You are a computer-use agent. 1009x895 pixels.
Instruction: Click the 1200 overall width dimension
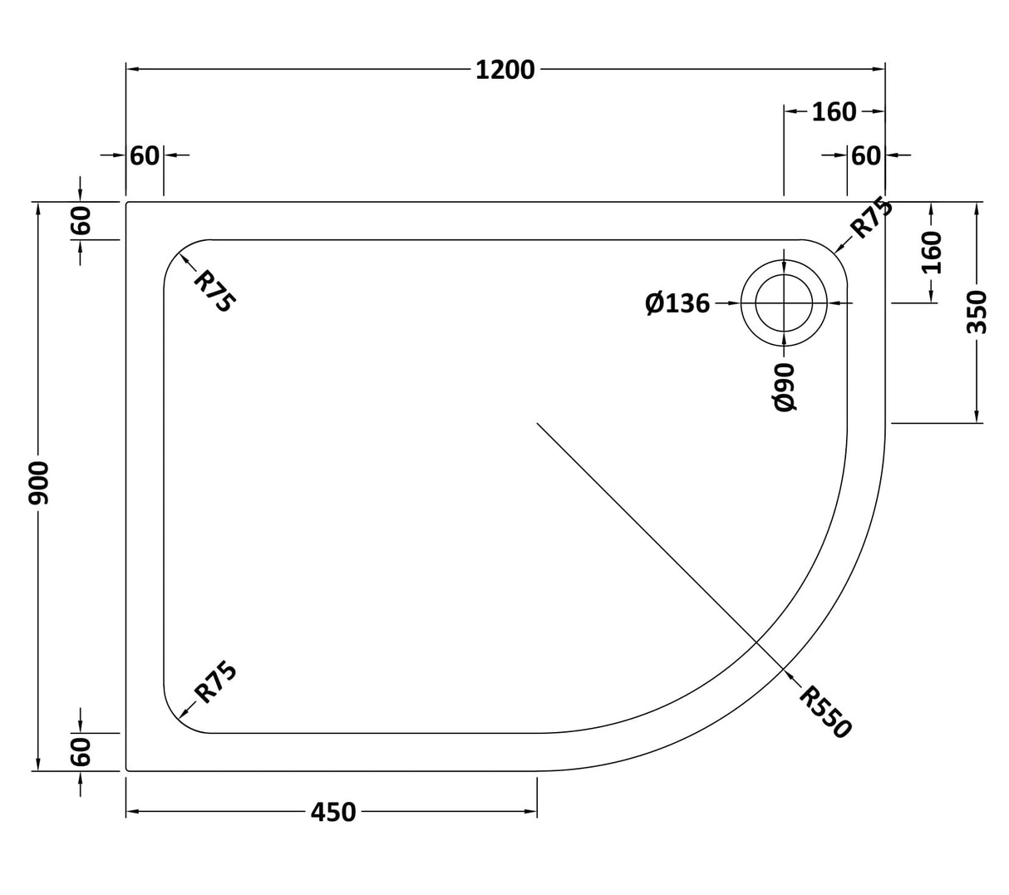point(504,70)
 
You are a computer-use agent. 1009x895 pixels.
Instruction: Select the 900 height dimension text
point(39,484)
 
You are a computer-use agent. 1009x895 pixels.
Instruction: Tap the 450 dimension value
point(332,812)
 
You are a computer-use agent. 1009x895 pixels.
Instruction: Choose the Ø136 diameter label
point(677,304)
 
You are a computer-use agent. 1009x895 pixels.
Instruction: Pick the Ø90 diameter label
point(785,386)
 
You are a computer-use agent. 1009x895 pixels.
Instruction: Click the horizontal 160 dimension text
point(833,111)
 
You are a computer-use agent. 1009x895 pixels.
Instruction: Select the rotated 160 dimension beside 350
point(932,253)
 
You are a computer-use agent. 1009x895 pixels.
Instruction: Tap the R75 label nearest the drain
point(871,218)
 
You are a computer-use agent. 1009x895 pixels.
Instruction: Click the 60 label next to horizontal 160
point(866,155)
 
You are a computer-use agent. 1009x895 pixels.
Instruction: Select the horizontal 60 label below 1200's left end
point(145,155)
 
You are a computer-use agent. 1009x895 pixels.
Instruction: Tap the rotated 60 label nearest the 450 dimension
point(80,752)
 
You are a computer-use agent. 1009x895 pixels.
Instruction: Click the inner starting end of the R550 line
point(538,424)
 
